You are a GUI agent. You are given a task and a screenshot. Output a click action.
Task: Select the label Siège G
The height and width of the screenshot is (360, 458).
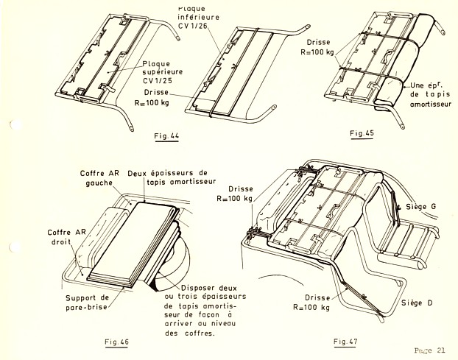tap(422, 208)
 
